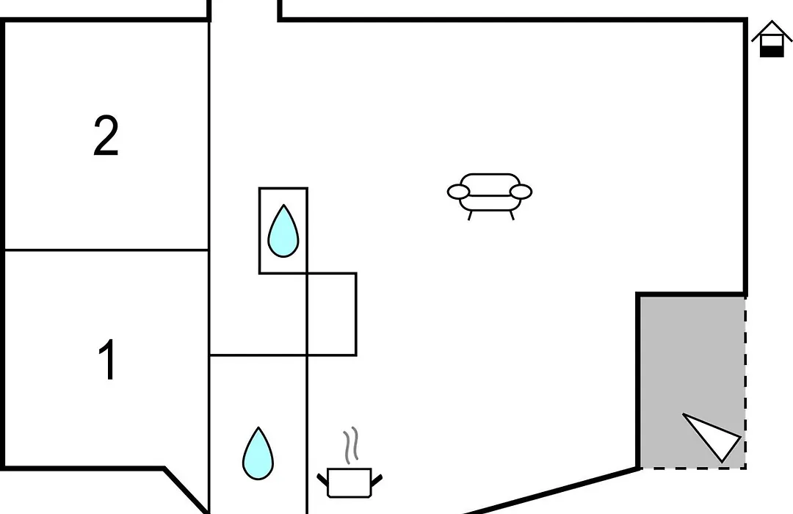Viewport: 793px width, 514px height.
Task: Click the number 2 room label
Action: pos(106,136)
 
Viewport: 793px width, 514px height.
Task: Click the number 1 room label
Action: pos(108,359)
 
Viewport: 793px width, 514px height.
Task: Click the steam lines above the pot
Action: pos(351,445)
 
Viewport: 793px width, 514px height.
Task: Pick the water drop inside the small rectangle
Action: pos(283,232)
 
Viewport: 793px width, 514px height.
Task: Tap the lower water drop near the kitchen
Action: pos(258,455)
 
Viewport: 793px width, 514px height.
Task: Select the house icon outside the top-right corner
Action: pos(772,39)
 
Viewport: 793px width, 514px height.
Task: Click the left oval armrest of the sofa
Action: pos(459,192)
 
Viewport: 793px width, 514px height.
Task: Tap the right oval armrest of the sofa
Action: pos(521,192)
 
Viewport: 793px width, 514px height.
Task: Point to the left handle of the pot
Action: pos(322,479)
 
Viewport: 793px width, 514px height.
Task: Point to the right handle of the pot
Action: pos(377,479)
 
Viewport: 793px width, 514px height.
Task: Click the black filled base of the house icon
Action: pos(772,51)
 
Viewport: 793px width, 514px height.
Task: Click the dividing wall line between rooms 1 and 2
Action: pos(106,250)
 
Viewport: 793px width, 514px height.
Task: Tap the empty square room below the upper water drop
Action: pos(332,314)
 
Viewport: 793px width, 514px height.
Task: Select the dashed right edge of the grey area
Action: pos(745,383)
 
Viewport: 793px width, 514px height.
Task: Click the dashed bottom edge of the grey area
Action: pos(693,468)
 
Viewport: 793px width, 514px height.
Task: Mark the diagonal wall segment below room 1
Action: pos(186,491)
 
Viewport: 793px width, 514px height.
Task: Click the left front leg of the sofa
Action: pos(470,216)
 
